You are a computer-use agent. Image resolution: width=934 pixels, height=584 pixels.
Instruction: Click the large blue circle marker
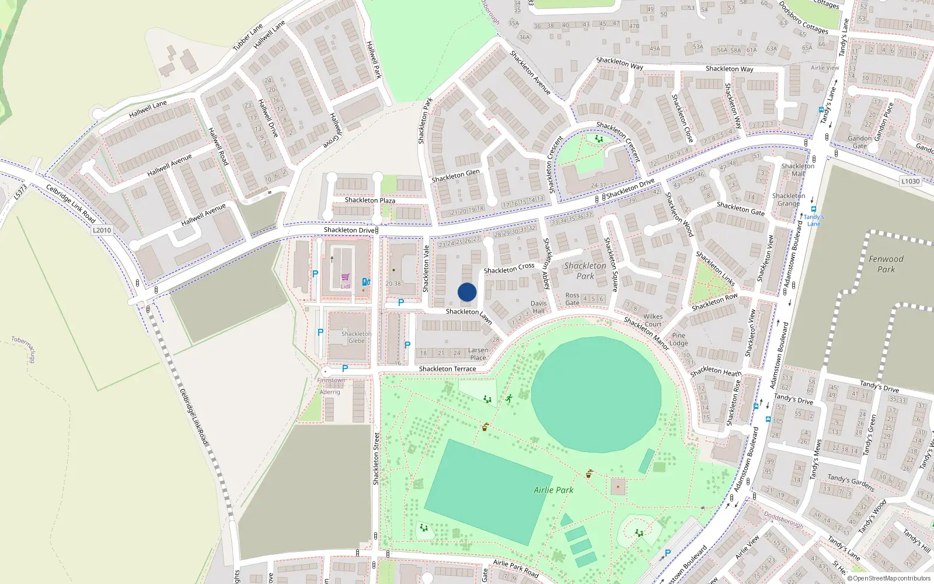tap(467, 292)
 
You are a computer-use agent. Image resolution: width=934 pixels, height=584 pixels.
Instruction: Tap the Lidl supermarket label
tap(346, 286)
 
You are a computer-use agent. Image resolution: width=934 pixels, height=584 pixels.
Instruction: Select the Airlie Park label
tap(553, 490)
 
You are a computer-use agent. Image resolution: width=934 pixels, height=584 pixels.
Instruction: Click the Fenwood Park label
tap(886, 264)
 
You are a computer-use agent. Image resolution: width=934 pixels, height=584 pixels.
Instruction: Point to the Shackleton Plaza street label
tap(370, 200)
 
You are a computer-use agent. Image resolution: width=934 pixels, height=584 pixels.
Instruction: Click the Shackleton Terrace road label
tap(447, 369)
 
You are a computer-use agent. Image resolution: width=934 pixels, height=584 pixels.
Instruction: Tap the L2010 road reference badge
tap(102, 230)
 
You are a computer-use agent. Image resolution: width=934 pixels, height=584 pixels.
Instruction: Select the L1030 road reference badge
tap(910, 181)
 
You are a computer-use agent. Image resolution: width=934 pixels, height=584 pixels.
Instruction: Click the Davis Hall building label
tap(538, 307)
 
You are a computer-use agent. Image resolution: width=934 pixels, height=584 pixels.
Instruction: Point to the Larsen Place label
tap(478, 354)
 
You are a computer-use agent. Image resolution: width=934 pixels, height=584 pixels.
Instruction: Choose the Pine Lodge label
tap(678, 339)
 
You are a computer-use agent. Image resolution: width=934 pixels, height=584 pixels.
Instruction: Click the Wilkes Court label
tap(653, 320)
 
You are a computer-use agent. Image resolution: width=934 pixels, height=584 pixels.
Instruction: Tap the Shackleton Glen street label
tap(455, 176)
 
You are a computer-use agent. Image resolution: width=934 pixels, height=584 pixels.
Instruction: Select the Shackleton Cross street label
tap(508, 269)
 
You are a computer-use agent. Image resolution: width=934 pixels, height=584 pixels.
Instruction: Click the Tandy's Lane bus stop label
tap(814, 220)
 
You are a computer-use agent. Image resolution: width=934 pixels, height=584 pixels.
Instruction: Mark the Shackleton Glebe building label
tap(356, 337)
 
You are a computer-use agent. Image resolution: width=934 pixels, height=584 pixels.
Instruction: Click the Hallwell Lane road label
tap(148, 108)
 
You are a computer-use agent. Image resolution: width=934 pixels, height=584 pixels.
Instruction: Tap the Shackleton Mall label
tap(797, 170)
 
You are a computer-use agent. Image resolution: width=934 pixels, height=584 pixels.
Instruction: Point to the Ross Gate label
tap(572, 299)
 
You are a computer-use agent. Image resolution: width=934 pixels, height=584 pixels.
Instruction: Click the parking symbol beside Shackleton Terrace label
tap(345, 369)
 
